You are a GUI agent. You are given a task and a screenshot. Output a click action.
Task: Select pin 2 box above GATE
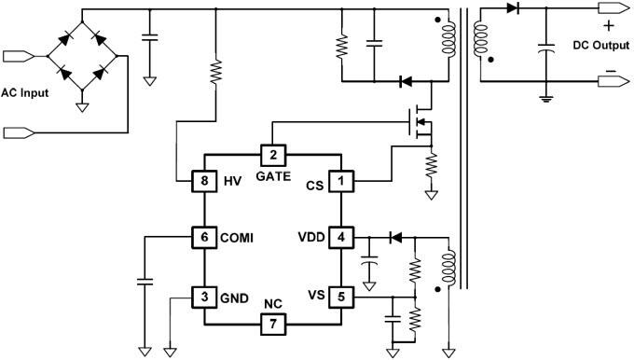[272, 155]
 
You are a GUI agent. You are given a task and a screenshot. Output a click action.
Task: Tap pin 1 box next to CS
[342, 180]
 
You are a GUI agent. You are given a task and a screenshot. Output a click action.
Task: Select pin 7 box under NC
[272, 324]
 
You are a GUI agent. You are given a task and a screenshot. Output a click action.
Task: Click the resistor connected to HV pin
[216, 72]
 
